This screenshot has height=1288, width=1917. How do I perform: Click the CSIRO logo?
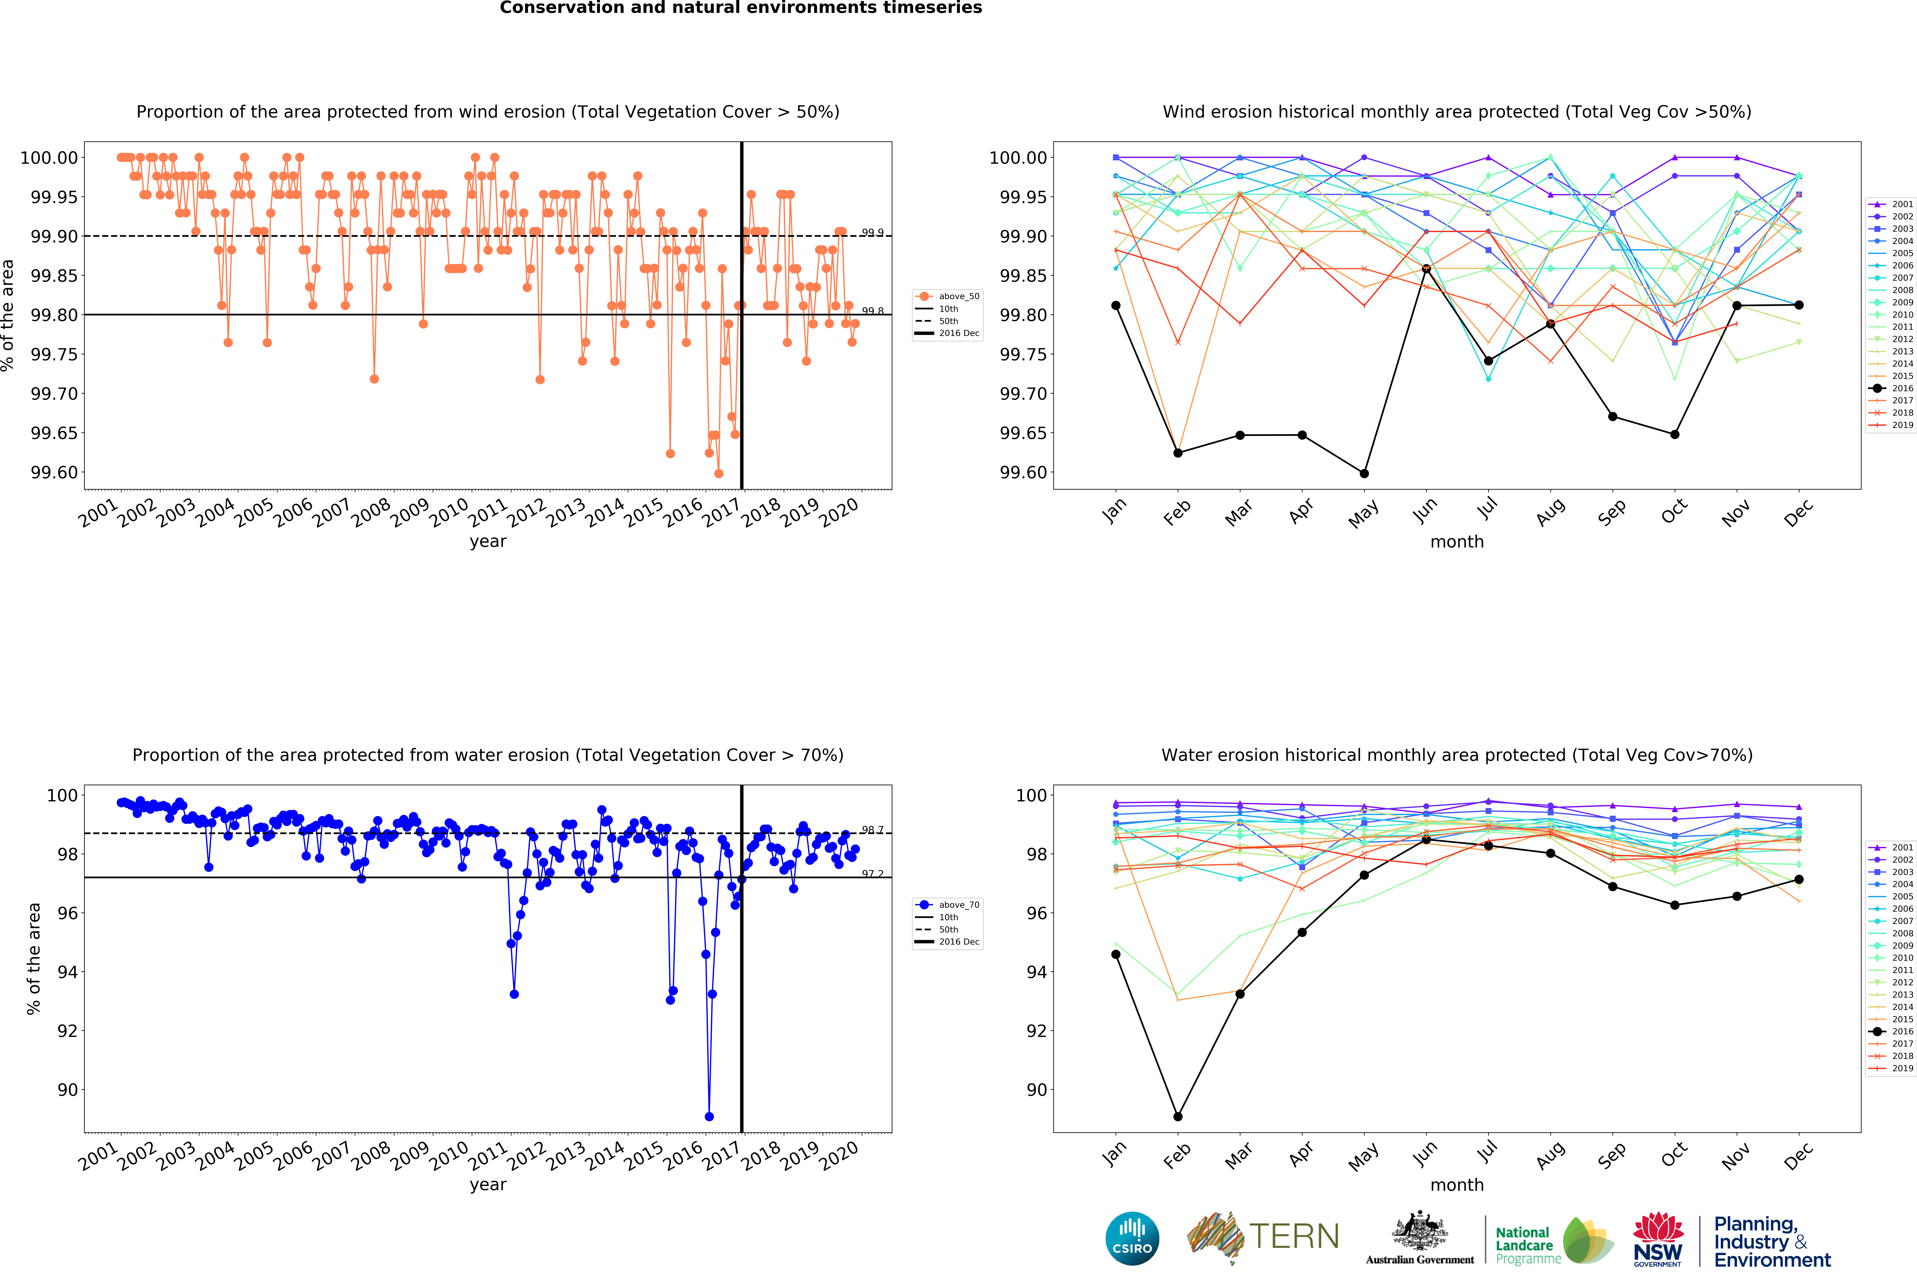coord(1132,1239)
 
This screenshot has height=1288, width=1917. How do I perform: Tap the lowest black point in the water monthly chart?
coord(1178,1116)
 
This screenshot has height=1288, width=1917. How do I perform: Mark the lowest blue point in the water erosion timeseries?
coord(709,1116)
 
